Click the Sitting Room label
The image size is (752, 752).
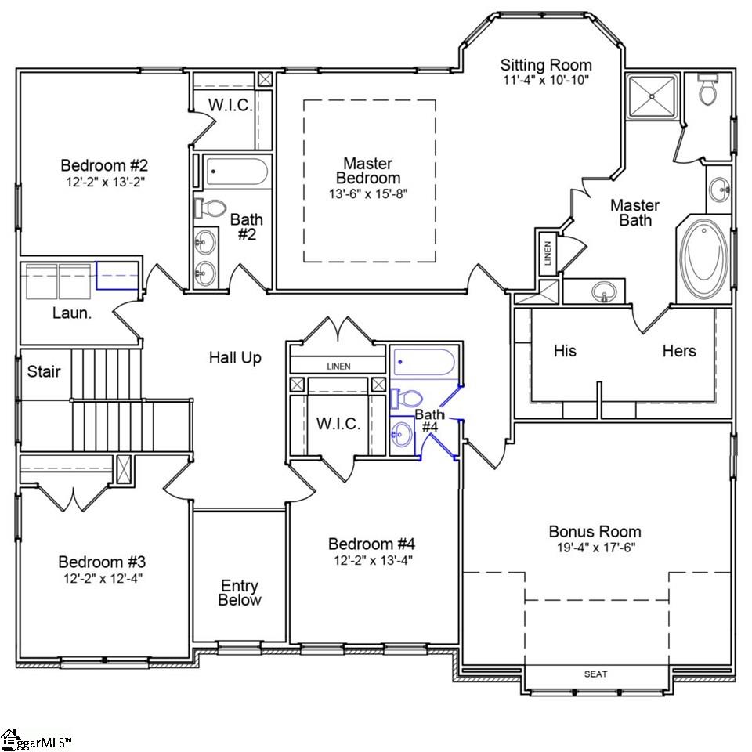point(546,65)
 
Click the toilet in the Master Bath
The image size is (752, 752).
point(708,91)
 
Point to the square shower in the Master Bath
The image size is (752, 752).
point(652,96)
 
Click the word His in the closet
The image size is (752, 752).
point(565,350)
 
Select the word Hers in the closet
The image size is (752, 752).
point(678,350)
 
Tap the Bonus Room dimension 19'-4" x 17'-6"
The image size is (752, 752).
point(595,547)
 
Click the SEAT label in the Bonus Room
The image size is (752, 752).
point(595,674)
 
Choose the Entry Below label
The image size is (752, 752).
point(240,593)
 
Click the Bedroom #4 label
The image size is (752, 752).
point(371,544)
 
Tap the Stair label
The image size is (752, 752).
point(44,371)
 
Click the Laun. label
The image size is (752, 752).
point(68,313)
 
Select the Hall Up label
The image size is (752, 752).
point(235,358)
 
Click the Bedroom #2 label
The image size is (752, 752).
point(104,165)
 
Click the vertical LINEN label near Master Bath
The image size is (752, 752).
point(548,253)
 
